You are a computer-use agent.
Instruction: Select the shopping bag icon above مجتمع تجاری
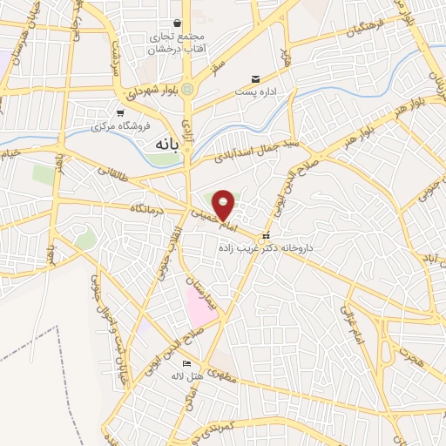click(177, 23)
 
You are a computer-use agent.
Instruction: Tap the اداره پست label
click(256, 91)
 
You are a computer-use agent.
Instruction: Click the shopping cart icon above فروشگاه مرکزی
click(121, 113)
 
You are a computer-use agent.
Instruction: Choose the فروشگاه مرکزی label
click(121, 126)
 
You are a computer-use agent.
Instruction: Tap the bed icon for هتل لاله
click(186, 362)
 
